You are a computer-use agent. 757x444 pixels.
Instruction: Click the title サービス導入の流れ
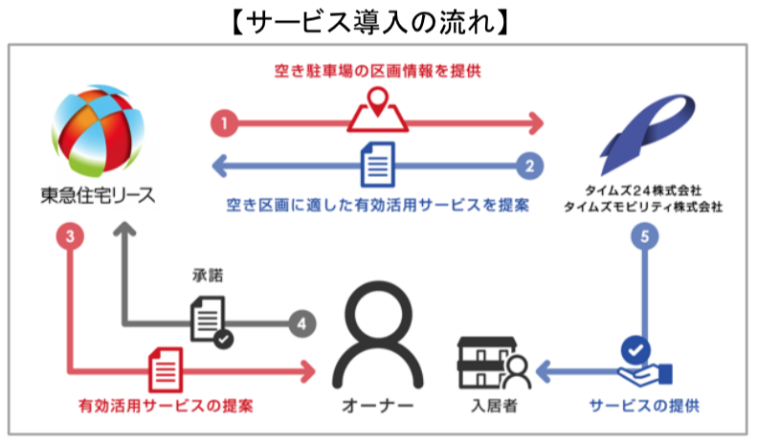coord(378,21)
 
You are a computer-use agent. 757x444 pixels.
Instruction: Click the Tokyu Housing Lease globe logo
coord(98,125)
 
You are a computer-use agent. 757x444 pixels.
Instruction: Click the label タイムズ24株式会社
coord(642,189)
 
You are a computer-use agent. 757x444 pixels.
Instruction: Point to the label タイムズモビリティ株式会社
coord(642,206)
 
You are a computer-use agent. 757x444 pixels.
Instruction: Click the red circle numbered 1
coord(223,123)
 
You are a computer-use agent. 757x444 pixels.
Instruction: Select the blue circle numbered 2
coord(528,165)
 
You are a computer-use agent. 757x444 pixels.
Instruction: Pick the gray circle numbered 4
coord(301,323)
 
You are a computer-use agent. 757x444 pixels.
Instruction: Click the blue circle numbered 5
coord(643,235)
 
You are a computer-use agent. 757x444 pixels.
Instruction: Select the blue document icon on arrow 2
coord(377,166)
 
